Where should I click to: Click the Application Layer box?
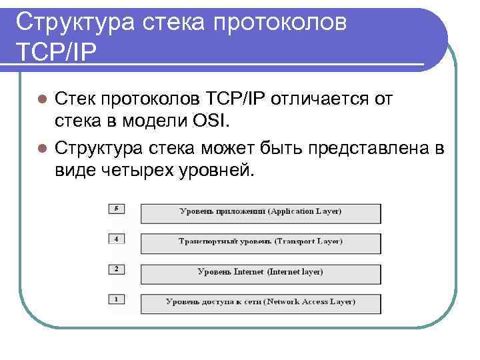(261, 211)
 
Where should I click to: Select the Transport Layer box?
(261, 241)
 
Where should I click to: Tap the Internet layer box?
(261, 272)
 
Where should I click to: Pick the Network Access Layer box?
(261, 301)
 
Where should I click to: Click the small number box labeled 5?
(117, 209)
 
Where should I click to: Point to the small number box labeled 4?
(117, 238)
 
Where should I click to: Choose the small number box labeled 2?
(117, 269)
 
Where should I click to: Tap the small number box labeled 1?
(117, 299)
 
